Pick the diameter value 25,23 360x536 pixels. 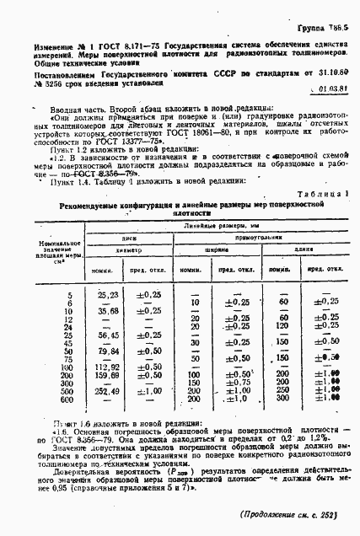coord(108,295)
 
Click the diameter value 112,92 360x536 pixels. coord(108,367)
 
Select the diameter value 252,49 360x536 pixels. coord(108,391)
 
